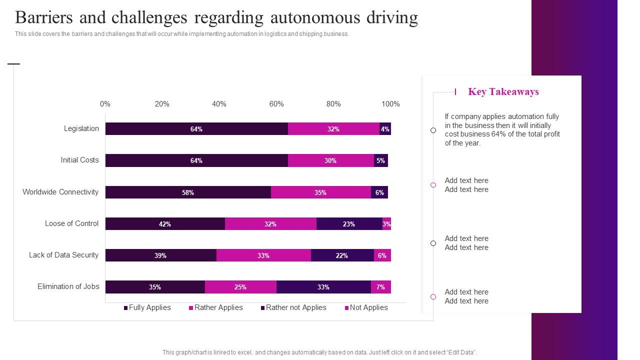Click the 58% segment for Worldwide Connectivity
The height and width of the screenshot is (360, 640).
click(x=188, y=192)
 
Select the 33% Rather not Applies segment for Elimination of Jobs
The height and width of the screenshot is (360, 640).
click(x=323, y=287)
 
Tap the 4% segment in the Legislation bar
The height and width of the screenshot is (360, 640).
click(x=385, y=129)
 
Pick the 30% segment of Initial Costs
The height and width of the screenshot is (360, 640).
click(x=330, y=160)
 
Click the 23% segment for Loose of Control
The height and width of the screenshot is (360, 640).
click(x=349, y=224)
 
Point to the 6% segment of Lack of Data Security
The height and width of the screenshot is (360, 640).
click(x=382, y=255)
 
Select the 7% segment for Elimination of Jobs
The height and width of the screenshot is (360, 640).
click(x=380, y=287)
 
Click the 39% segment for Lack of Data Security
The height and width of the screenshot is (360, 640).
click(x=160, y=255)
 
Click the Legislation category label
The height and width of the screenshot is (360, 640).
click(x=81, y=128)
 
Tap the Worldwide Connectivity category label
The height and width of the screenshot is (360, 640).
click(x=60, y=192)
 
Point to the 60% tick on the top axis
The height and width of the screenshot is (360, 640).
click(x=276, y=104)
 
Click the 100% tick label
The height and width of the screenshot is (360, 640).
click(x=390, y=104)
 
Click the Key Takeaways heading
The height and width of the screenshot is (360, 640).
click(x=503, y=91)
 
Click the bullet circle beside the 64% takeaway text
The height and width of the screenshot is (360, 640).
click(x=433, y=130)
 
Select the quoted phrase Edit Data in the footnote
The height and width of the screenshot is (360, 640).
click(x=461, y=352)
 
